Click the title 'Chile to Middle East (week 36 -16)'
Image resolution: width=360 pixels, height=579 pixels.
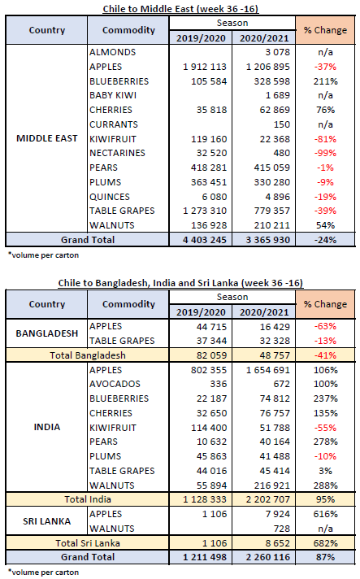click(x=180, y=9)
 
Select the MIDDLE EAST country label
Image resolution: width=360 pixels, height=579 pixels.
click(x=47, y=138)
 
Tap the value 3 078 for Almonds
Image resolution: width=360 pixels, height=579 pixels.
click(x=277, y=52)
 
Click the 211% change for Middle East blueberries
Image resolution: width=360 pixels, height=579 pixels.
click(x=325, y=81)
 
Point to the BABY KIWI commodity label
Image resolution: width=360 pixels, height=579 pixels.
click(x=113, y=95)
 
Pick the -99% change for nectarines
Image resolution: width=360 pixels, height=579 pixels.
click(x=325, y=153)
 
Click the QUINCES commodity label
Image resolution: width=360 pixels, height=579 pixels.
click(x=110, y=197)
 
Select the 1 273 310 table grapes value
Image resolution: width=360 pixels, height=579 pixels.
click(x=205, y=211)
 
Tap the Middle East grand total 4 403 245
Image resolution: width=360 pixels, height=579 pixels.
click(x=205, y=240)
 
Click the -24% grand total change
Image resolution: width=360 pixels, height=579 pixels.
click(x=325, y=240)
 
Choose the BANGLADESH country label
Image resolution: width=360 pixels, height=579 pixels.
click(x=47, y=333)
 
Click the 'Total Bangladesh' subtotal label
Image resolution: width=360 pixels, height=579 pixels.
click(x=88, y=355)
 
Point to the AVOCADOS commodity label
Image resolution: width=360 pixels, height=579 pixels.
click(x=115, y=384)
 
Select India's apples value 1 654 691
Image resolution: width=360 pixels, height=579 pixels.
click(x=268, y=370)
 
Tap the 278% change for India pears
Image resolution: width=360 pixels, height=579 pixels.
click(x=325, y=442)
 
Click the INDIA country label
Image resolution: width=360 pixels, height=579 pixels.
click(x=47, y=427)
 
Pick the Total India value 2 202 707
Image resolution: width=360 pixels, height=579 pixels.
click(x=268, y=499)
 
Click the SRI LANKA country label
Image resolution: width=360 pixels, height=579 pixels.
click(x=47, y=521)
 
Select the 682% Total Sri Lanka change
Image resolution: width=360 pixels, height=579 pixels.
click(x=325, y=543)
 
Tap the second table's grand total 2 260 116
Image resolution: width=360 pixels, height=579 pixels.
click(x=268, y=557)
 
